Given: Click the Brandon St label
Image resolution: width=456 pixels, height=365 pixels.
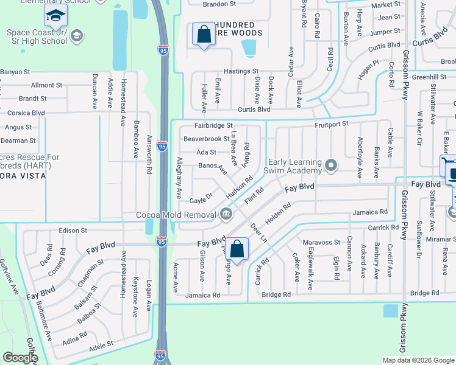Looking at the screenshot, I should coord(219,4).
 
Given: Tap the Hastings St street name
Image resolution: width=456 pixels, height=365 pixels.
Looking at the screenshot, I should coord(241,71).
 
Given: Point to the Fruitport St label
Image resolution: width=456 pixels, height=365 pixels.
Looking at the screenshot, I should coord(331,123).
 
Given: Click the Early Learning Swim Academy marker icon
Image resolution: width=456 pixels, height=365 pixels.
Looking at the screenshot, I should coord(331,165).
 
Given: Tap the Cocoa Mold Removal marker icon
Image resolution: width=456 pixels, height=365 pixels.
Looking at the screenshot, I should coord(226,214).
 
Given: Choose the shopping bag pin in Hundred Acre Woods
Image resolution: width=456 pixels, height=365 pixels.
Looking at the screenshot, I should coord(204,35).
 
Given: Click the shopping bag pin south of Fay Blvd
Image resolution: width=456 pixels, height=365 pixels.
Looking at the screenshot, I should coord(238,249).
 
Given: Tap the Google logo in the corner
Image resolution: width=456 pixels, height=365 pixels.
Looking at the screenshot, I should coord(20,357).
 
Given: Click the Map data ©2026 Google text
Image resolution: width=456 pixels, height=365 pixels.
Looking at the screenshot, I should coord(418,360).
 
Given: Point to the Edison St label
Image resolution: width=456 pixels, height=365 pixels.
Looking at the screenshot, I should coord(73,231).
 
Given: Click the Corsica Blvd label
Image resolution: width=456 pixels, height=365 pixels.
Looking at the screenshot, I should coord(26,113).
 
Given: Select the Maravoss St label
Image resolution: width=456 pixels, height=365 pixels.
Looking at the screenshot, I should coord(324,242).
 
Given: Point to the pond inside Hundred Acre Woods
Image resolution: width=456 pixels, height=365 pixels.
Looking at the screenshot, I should coord(249,47).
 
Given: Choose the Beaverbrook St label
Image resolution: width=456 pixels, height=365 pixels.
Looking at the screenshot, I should coord(207,139).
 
